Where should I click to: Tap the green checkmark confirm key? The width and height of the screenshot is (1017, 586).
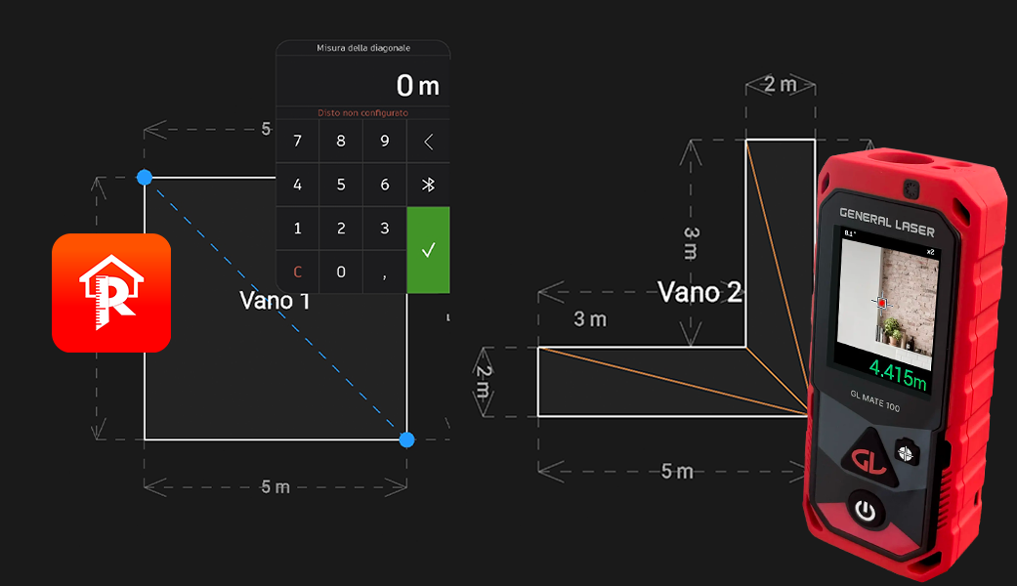tap(428, 250)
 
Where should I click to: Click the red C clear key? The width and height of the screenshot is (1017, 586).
tap(298, 272)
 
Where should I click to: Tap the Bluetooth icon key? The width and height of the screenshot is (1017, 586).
tap(428, 185)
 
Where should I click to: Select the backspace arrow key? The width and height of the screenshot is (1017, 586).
tap(428, 142)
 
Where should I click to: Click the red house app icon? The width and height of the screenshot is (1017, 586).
tap(111, 293)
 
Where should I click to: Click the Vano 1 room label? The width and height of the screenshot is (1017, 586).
tap(275, 301)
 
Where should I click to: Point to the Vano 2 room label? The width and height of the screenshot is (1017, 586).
tap(699, 292)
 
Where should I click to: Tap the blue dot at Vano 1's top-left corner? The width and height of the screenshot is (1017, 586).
tap(145, 177)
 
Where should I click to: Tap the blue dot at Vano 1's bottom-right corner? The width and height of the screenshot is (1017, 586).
tap(407, 439)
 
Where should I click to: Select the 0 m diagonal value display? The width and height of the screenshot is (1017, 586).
tap(417, 86)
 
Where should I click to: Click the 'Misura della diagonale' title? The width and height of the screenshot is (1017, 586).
tap(362, 48)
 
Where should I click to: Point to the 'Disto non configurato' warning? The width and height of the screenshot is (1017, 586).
tap(362, 113)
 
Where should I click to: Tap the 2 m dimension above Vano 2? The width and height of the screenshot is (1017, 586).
tap(780, 84)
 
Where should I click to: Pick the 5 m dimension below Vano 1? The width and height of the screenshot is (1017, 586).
tap(275, 486)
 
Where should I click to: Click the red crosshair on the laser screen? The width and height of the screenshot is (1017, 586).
tap(881, 304)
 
